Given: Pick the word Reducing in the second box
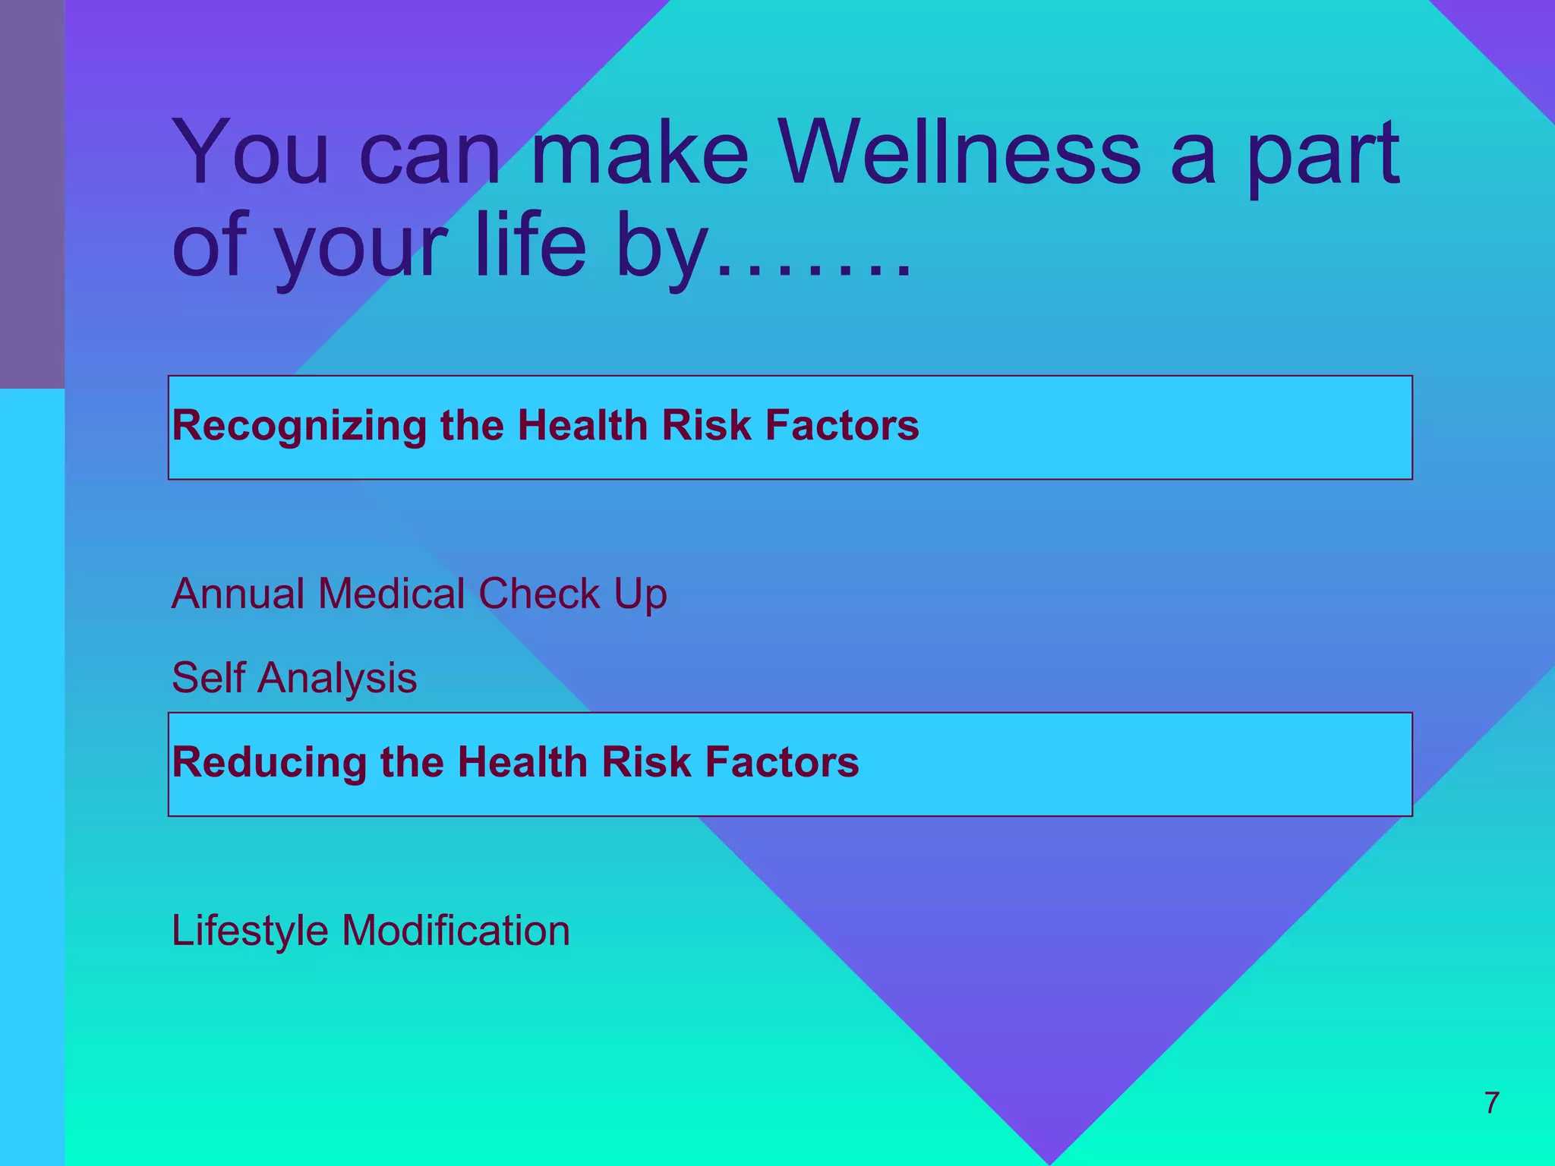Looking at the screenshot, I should coord(270,762).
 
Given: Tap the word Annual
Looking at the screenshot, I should coord(238,593).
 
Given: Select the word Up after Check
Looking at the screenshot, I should coord(640,594).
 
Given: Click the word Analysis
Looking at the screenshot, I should coord(337,679).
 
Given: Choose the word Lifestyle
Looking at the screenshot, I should coord(250,931).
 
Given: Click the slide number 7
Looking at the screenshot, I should coord(1491,1102).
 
